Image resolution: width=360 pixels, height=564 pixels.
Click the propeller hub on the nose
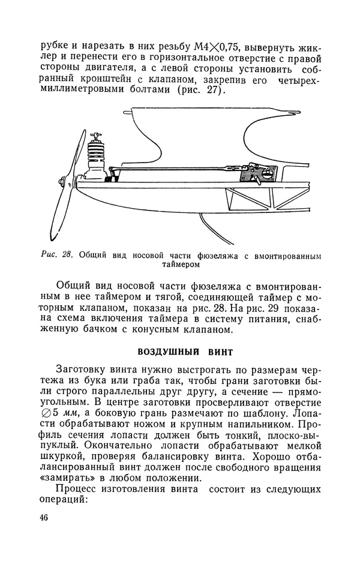point(63,180)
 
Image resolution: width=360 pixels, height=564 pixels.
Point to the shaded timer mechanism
point(259,175)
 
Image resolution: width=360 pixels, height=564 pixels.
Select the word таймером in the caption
point(180,263)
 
